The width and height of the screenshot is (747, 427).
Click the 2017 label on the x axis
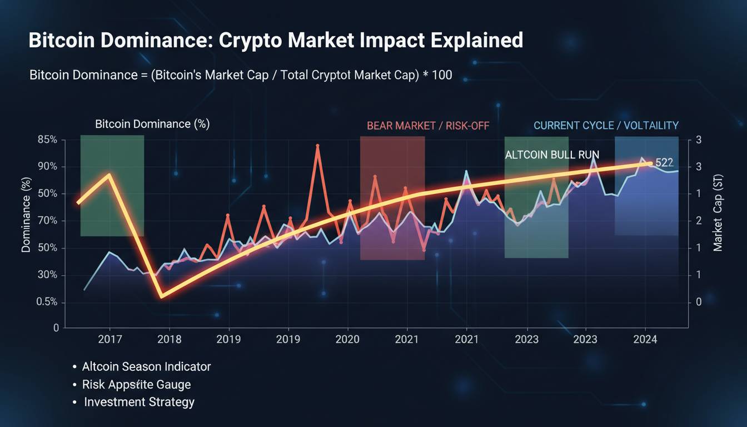pyautogui.click(x=109, y=339)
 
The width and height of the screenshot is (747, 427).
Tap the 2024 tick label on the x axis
pyautogui.click(x=646, y=339)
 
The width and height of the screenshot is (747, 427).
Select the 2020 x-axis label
pyautogui.click(x=347, y=339)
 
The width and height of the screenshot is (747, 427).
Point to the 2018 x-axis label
pyautogui.click(x=169, y=339)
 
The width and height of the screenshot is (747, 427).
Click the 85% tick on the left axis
pyautogui.click(x=47, y=140)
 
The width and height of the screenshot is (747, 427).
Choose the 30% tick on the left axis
pyautogui.click(x=47, y=275)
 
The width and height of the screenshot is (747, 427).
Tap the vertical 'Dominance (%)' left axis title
pyautogui.click(x=26, y=215)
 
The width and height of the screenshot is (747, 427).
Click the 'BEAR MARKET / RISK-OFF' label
pyautogui.click(x=428, y=126)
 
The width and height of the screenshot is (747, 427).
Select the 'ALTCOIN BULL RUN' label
pyautogui.click(x=552, y=155)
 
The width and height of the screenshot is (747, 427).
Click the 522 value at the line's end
pyautogui.click(x=664, y=163)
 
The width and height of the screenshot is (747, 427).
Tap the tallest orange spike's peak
pyautogui.click(x=317, y=146)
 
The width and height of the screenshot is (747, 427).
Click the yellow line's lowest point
pyautogui.click(x=161, y=296)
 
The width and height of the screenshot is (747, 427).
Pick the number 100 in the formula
pyautogui.click(x=441, y=75)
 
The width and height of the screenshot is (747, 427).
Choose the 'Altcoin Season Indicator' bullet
pyautogui.click(x=146, y=367)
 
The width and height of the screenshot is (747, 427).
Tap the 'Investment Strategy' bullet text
pyautogui.click(x=139, y=402)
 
